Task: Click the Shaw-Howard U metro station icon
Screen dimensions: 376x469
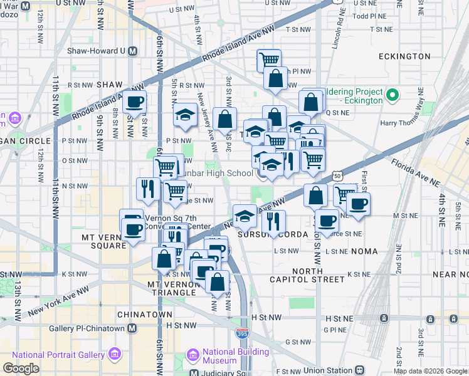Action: (x=132, y=51)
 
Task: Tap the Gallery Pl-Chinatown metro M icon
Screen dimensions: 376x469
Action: (x=132, y=328)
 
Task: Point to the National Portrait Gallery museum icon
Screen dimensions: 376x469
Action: (x=114, y=355)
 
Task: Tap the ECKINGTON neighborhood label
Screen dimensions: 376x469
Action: (x=404, y=56)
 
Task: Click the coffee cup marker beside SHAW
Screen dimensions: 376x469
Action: (x=134, y=102)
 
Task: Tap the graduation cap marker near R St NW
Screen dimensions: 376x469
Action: (x=185, y=115)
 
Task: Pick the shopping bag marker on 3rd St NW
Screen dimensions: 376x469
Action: (x=224, y=119)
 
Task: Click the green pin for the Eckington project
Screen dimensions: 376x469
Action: (x=393, y=95)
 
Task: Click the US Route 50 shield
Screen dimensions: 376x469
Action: (x=338, y=177)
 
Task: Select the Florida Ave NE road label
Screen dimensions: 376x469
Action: (x=415, y=174)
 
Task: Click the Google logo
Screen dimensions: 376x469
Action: (x=21, y=368)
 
